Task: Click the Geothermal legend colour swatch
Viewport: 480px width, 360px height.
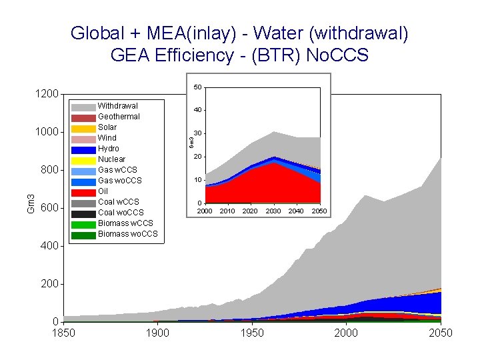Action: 83,117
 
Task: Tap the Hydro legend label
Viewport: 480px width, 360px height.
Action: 109,149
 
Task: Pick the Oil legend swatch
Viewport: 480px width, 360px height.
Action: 83,192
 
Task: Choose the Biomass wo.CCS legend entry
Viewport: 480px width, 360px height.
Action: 127,234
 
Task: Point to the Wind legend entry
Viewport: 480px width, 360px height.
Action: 107,138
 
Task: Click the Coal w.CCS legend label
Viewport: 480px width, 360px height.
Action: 118,202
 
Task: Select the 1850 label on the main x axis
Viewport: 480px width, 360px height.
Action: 64,333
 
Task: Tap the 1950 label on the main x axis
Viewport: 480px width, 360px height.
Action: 252,333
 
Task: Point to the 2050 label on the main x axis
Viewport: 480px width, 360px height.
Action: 441,333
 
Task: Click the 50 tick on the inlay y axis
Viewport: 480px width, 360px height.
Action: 197,87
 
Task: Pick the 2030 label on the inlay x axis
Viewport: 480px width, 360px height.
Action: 273,211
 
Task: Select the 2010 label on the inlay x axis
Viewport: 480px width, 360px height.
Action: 227,211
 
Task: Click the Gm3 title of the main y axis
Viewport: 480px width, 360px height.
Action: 31,204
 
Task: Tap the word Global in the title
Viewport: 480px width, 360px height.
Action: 96,33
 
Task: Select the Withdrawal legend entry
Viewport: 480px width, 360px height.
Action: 117,106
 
